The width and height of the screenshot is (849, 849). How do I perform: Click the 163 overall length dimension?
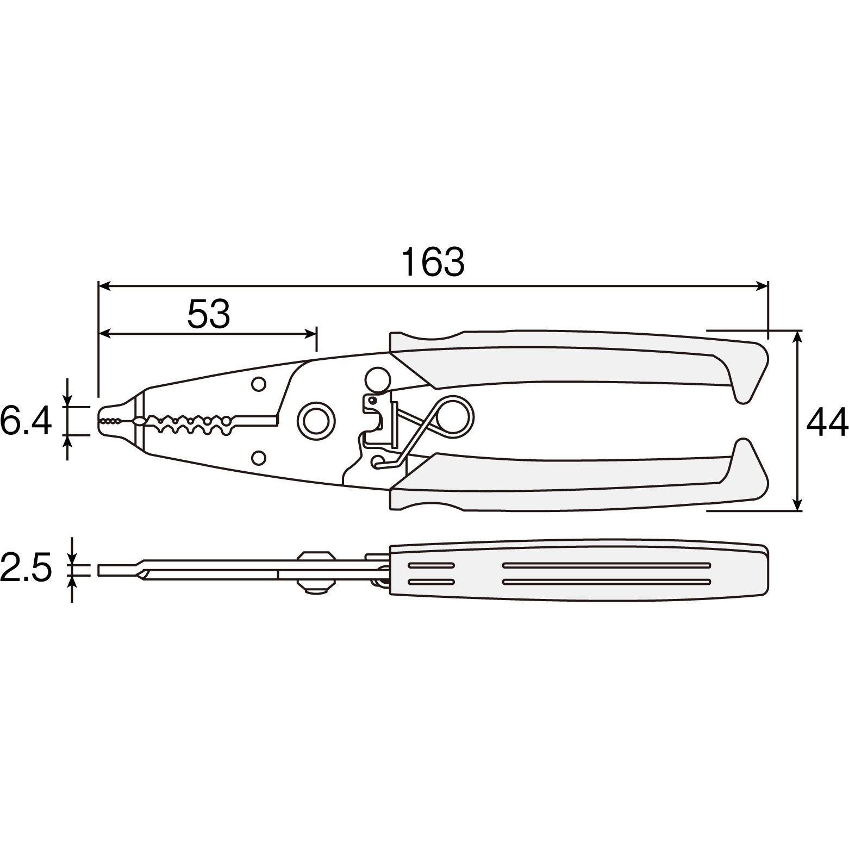coord(433,262)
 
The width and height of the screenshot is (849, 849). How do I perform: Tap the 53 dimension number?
coord(209,314)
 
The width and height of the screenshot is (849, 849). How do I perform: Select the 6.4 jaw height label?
coord(26,421)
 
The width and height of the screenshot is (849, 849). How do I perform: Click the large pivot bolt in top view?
coord(315,420)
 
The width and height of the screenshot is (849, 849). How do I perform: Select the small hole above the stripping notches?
coord(259,384)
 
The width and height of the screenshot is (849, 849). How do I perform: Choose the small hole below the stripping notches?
coord(259,457)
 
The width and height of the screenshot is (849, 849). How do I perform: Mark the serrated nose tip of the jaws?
coord(110,421)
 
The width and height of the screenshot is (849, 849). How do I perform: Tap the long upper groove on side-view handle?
coord(607,565)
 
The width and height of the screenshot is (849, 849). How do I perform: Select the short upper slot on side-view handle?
coord(431,565)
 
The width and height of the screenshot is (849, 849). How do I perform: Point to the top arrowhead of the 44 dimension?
coord(797,335)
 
